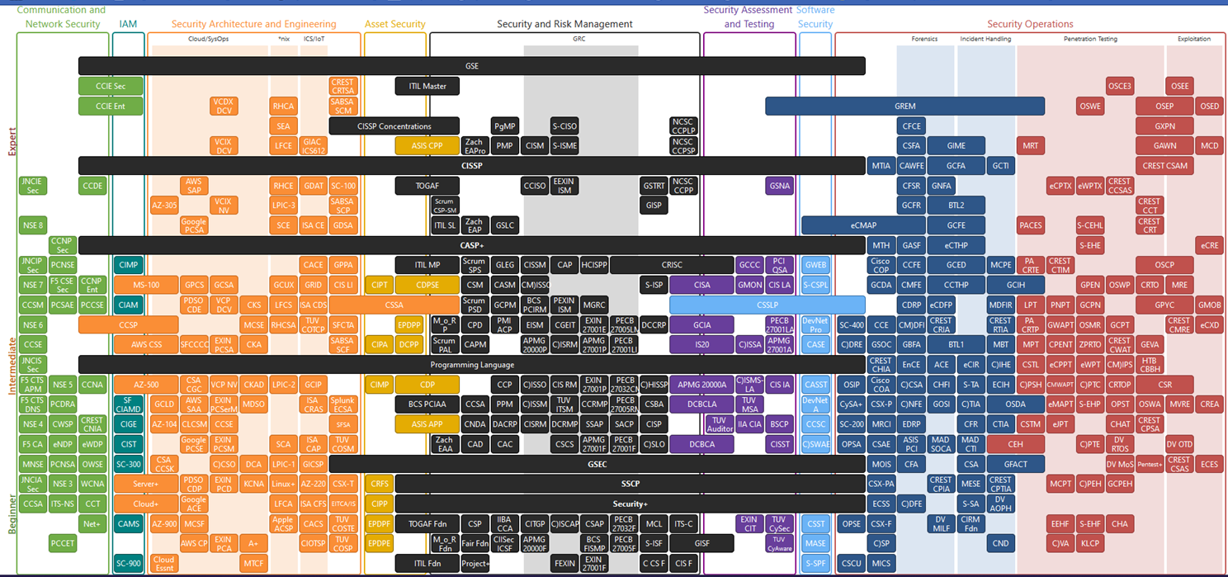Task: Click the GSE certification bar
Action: pos(471,66)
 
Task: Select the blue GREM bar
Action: pos(904,106)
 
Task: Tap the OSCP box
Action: pos(1164,265)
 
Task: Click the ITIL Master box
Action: pos(427,86)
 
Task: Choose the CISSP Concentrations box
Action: pos(394,126)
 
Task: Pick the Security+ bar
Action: pos(629,504)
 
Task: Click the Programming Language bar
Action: pos(471,364)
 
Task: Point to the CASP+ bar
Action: pos(471,245)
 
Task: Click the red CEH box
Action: pos(1015,444)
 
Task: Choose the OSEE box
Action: pos(1180,86)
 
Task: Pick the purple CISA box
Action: pos(701,285)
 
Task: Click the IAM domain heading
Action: pos(128,25)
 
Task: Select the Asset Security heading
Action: pos(395,25)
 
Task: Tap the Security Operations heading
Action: pos(1030,25)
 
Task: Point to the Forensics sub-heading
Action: pos(924,39)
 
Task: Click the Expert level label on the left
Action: pos(12,140)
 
